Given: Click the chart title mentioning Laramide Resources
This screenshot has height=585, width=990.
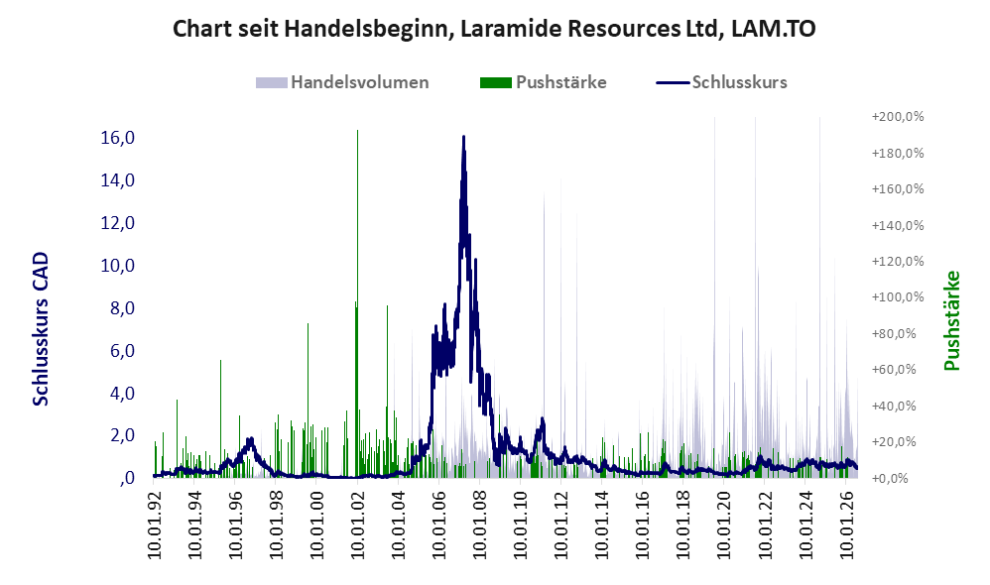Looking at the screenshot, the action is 494,29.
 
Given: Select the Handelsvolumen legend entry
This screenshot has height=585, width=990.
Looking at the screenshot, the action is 342,82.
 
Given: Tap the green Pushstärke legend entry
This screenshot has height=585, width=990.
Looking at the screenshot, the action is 543,82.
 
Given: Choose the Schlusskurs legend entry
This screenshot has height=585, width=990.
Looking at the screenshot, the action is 721,82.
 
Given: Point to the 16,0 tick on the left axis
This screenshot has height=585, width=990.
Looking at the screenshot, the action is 118,138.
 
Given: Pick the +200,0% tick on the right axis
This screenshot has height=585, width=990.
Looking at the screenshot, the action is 897,117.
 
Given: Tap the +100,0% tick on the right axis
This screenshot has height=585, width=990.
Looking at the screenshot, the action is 897,297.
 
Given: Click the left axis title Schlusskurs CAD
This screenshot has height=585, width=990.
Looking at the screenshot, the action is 41,329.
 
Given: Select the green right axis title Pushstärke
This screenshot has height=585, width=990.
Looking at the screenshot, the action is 951,320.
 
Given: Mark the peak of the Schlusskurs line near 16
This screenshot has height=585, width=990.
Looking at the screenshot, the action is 463,136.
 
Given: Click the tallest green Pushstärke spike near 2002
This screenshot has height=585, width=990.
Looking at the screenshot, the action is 357,130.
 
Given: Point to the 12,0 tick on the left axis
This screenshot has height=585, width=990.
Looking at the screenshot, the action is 118,223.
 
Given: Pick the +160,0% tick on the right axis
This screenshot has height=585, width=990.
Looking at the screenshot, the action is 897,188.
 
